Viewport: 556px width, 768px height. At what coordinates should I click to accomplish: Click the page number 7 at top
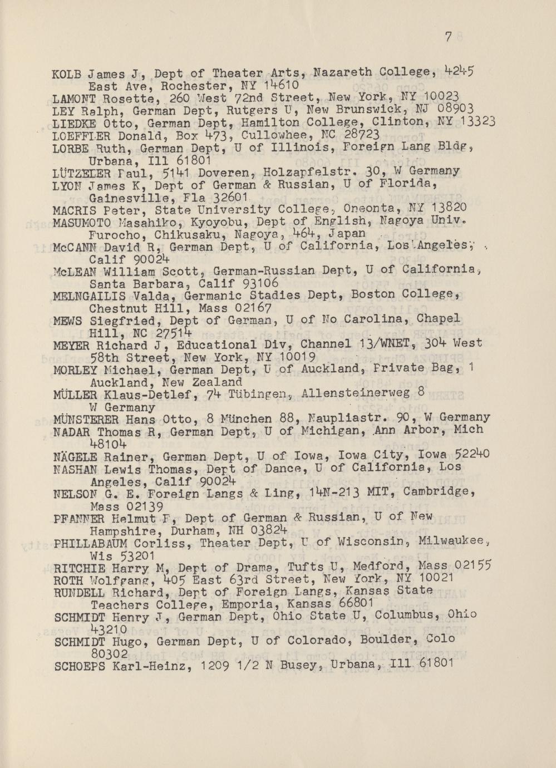click(449, 37)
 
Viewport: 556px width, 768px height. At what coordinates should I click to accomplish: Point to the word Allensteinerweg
click(357, 393)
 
